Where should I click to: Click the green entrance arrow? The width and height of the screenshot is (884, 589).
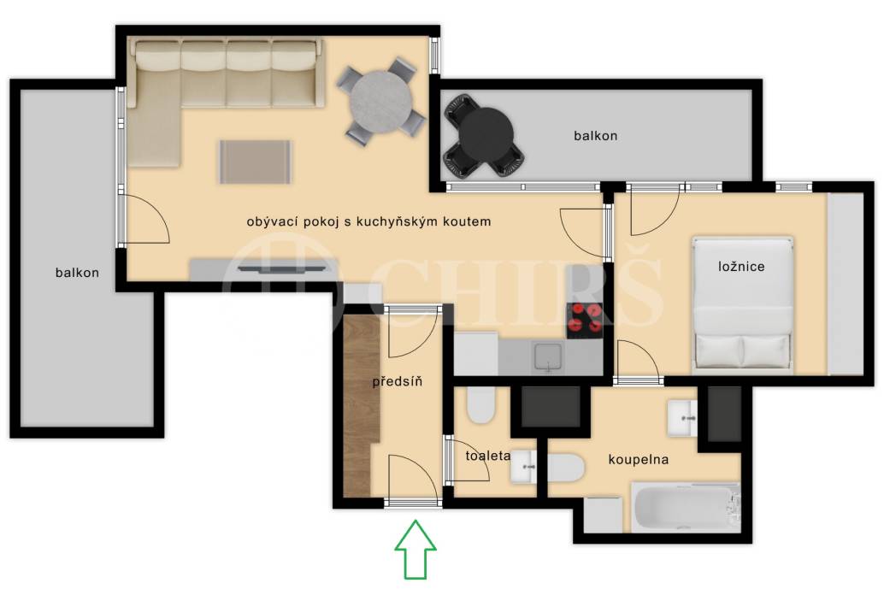click(415, 549)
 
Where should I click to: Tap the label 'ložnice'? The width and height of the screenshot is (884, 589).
click(741, 266)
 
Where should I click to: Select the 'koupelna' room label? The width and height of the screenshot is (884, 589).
click(638, 459)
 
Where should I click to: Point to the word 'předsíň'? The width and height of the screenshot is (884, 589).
click(397, 381)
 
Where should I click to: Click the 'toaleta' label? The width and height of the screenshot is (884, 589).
click(487, 456)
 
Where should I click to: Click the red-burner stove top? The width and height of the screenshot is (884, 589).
click(585, 321)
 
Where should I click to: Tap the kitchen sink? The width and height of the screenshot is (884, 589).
click(548, 357)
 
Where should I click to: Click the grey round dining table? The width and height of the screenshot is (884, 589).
click(381, 102)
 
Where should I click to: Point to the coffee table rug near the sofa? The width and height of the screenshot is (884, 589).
click(256, 162)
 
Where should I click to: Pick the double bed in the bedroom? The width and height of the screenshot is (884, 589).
click(742, 303)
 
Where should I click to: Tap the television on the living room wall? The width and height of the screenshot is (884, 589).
click(282, 269)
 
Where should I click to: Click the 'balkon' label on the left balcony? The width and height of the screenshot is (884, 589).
click(77, 273)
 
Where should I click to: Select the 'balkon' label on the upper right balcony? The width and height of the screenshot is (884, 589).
click(595, 136)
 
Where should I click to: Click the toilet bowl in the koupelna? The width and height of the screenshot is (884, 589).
click(565, 468)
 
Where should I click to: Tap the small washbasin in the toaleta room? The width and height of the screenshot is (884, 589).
click(523, 467)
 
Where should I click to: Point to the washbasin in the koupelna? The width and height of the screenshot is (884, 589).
click(682, 418)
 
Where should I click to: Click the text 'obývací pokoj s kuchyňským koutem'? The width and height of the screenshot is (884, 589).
click(368, 221)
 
